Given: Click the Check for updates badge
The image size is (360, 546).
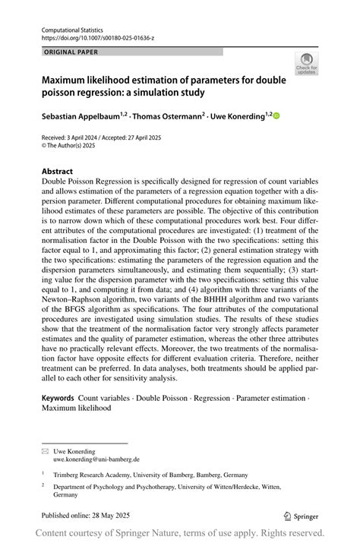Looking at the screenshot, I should click(307, 63).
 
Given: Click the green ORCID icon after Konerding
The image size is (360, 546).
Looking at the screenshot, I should click(276, 116).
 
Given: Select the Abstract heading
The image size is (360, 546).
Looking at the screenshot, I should click(58, 172).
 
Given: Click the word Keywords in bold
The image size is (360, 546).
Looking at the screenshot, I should click(58, 397).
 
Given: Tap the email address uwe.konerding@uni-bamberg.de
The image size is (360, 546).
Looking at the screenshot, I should click(96, 459).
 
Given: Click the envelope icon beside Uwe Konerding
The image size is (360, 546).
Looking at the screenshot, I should click(44, 451).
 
